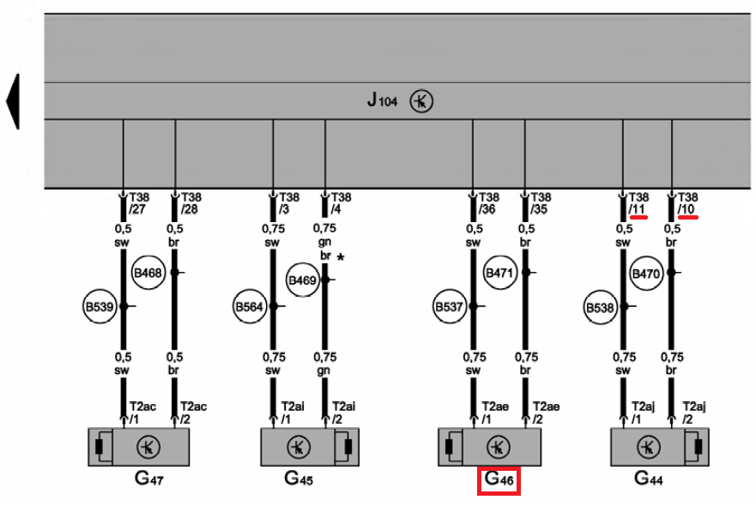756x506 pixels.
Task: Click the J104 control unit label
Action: coord(383,101)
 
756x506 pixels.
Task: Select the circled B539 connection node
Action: coord(100,305)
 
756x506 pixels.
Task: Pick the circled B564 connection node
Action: coord(249,305)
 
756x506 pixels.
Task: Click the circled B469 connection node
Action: coord(303,280)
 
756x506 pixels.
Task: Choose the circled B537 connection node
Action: coord(450,305)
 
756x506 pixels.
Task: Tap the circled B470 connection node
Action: coord(645,274)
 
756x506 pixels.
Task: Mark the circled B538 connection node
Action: coord(601,305)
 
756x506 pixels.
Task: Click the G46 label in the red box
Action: coord(499,480)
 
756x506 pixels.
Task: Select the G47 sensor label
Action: coord(148,479)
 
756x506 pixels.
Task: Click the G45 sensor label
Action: coord(298,479)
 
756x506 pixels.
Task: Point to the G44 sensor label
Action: coord(648,479)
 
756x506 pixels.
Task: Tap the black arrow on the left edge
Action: coord(12,101)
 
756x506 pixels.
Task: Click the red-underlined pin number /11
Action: coord(637,208)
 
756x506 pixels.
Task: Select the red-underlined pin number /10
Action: coord(687,208)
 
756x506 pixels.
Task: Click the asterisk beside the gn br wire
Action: coord(342,257)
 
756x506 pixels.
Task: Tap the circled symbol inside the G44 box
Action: coord(650,447)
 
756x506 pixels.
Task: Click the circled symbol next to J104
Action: coord(421,101)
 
